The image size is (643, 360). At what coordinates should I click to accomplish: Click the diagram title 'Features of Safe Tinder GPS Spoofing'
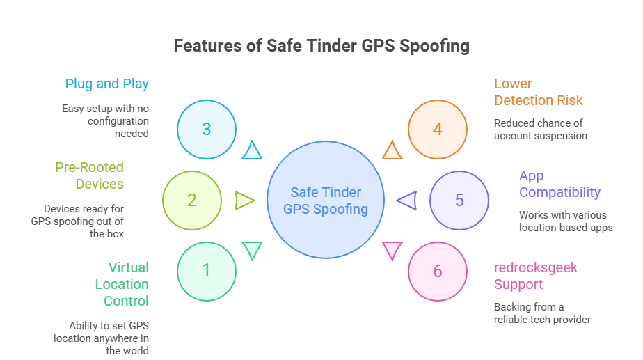click(x=321, y=47)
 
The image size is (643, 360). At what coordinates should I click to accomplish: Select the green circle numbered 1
click(x=206, y=270)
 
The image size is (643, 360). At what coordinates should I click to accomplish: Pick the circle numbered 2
click(x=191, y=201)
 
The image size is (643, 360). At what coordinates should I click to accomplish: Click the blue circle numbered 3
click(x=206, y=130)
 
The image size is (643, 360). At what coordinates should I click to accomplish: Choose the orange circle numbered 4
click(x=437, y=130)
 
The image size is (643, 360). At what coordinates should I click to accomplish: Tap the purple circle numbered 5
click(x=459, y=201)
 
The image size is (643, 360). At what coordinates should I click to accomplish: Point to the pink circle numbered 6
click(x=437, y=271)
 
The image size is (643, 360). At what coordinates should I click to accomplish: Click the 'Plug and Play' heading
click(x=107, y=84)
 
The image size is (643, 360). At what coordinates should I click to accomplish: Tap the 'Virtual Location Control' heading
click(x=122, y=284)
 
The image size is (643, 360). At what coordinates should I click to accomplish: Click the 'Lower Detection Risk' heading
click(x=538, y=92)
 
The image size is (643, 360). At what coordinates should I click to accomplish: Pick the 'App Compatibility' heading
click(x=559, y=184)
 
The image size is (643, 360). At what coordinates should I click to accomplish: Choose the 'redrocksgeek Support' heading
click(x=536, y=276)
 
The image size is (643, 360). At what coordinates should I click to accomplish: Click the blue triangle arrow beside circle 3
click(x=252, y=150)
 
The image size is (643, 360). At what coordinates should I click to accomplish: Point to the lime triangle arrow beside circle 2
click(x=244, y=201)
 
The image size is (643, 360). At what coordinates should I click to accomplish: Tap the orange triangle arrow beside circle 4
click(x=392, y=150)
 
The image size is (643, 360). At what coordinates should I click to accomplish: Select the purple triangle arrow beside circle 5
click(x=406, y=201)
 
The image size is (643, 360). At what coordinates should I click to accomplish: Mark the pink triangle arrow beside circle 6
click(x=392, y=249)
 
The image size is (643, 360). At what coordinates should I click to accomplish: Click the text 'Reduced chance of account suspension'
click(x=540, y=129)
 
